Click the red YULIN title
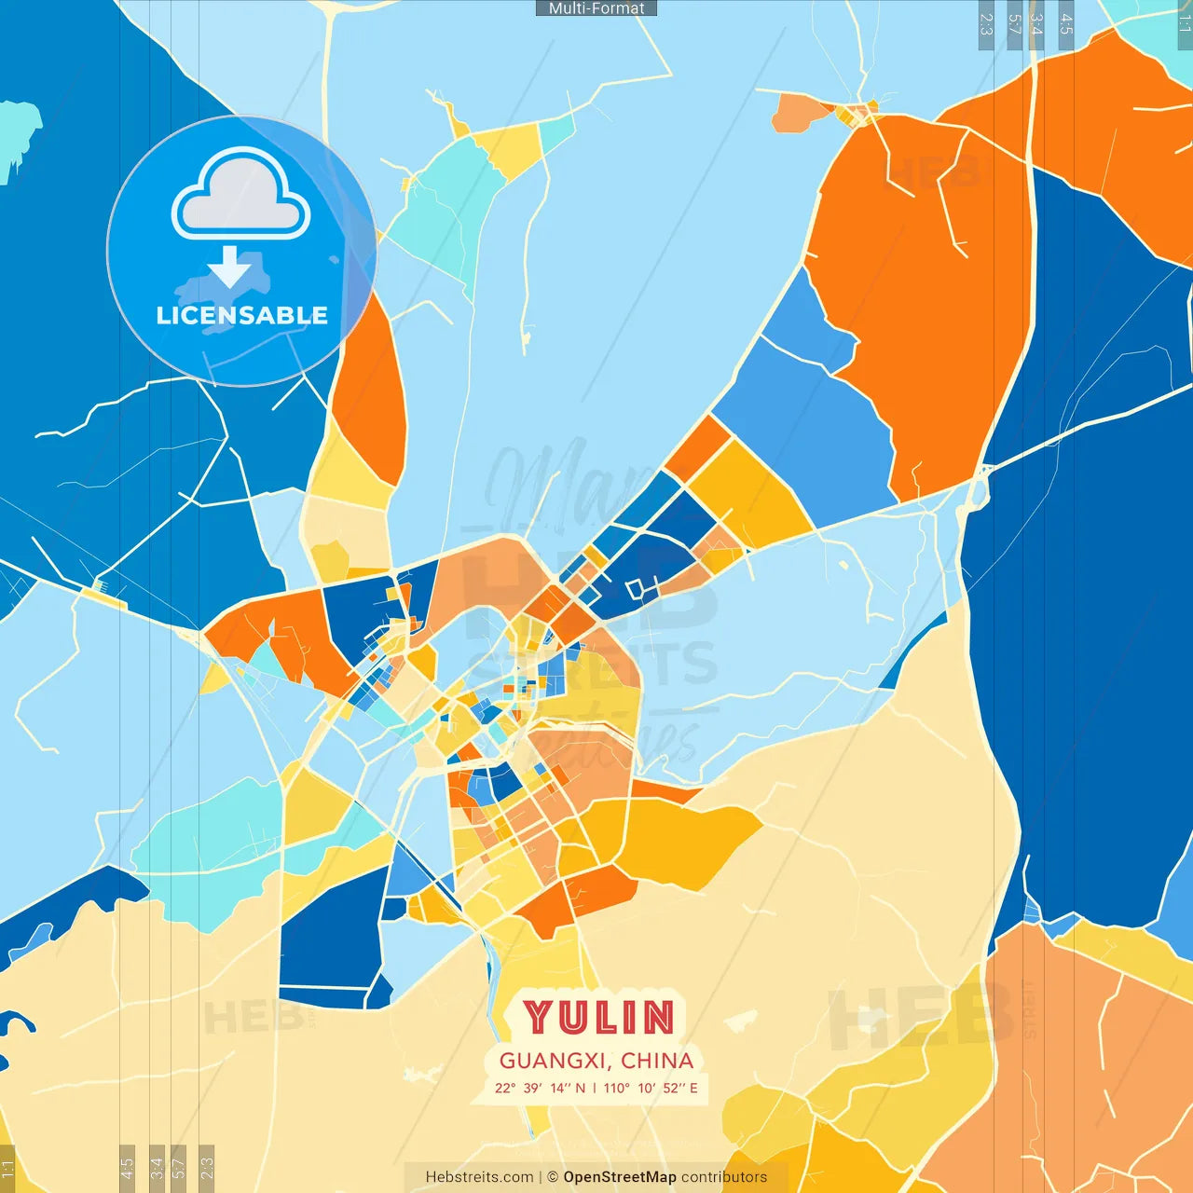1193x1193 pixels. pyautogui.click(x=597, y=1017)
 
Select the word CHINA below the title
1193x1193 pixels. pyautogui.click(x=657, y=1061)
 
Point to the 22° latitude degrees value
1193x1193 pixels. pyautogui.click(x=505, y=1088)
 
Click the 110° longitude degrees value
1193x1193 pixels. pyautogui.click(x=616, y=1088)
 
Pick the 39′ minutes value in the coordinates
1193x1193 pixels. pyautogui.click(x=532, y=1088)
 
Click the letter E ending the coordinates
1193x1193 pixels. pyautogui.click(x=693, y=1088)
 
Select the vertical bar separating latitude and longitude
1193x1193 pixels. pyautogui.click(x=595, y=1088)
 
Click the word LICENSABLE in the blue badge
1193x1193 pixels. pyautogui.click(x=242, y=316)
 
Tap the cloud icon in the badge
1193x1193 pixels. pyautogui.click(x=241, y=195)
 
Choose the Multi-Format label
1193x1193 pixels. pyautogui.click(x=596, y=8)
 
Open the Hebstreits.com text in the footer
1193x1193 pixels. pyautogui.click(x=479, y=1177)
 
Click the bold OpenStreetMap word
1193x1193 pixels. pyautogui.click(x=620, y=1177)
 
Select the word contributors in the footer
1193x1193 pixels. pyautogui.click(x=724, y=1177)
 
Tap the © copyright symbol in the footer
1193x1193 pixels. pyautogui.click(x=553, y=1177)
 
